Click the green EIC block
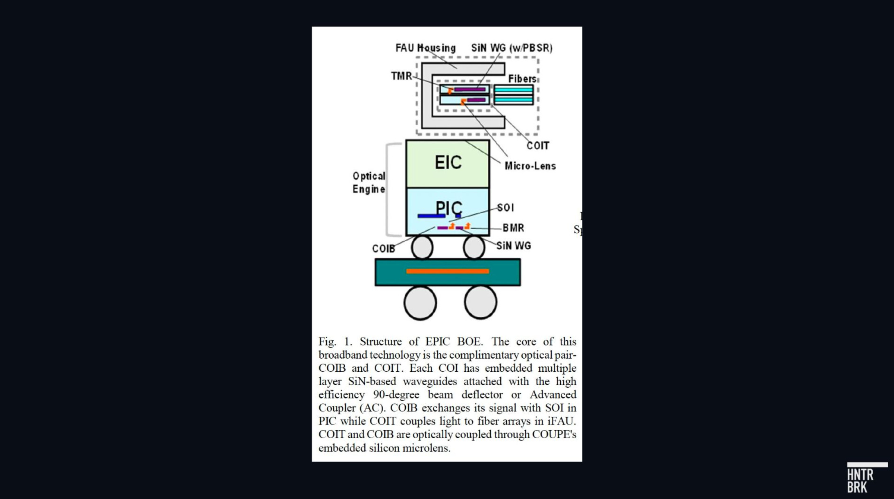pos(447,164)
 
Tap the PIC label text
pos(449,208)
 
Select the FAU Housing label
pos(425,48)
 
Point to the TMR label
pos(401,76)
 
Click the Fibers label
pos(522,79)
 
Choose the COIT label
pos(537,146)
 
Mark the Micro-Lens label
pos(530,166)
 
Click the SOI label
pos(505,208)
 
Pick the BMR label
pos(513,228)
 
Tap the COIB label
pos(383,249)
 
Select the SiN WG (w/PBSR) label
pos(512,48)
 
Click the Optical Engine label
pos(369,182)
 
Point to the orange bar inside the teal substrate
pos(447,271)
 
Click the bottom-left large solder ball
pos(420,303)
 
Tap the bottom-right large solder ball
pos(481,303)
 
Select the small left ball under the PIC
pos(422,247)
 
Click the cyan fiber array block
pos(514,94)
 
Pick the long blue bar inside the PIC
pos(431,216)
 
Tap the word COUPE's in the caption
pos(554,434)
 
